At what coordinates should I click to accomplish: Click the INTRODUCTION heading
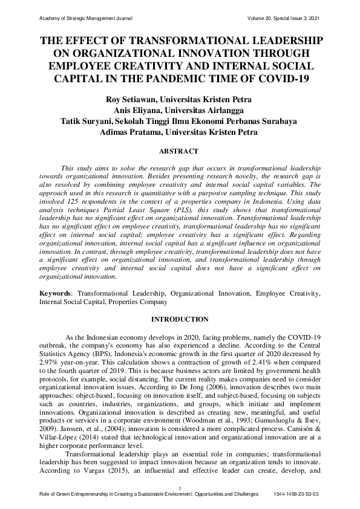pos(180,319)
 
